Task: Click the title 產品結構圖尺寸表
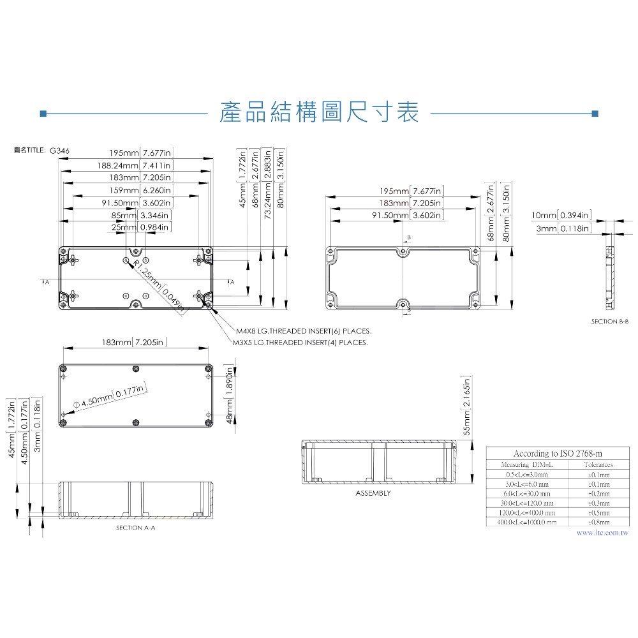pyautogui.click(x=318, y=113)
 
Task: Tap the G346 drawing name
pyautogui.click(x=59, y=151)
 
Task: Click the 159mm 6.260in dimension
pyautogui.click(x=139, y=190)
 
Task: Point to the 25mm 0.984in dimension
pyautogui.click(x=141, y=227)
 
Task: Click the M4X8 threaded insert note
pyautogui.click(x=303, y=332)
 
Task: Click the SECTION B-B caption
pyautogui.click(x=610, y=322)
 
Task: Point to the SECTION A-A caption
pyautogui.click(x=135, y=528)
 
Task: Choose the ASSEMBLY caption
pyautogui.click(x=373, y=493)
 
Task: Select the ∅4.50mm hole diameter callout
pyautogui.click(x=110, y=397)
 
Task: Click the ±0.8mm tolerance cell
pyautogui.click(x=598, y=522)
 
